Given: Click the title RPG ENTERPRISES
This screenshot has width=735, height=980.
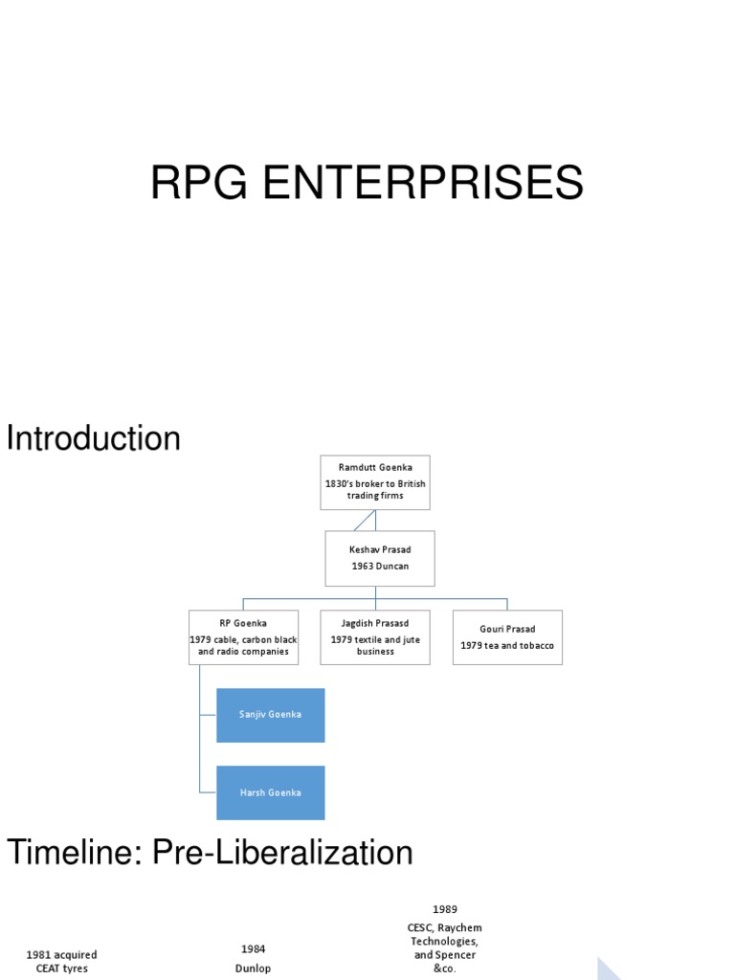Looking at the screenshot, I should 367,183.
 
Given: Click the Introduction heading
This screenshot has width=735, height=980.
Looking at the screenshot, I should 94,438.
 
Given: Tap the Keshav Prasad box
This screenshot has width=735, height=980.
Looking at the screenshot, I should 380,558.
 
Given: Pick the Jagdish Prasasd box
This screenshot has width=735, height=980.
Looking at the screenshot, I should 375,636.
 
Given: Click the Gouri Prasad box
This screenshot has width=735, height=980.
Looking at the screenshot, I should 507,636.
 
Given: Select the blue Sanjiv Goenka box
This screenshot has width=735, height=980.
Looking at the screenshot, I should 271,715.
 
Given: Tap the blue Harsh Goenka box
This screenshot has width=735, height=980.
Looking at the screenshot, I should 271,792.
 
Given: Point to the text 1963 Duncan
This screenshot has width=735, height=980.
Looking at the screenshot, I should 380,567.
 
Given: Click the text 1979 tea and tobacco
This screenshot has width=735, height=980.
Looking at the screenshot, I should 507,645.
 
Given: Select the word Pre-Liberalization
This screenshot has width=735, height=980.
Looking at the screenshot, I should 279,852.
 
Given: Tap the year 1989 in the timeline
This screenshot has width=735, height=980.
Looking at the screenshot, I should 443,908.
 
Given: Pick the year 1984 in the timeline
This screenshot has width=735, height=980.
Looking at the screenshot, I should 253,948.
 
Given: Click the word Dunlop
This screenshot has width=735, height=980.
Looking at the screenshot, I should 253,968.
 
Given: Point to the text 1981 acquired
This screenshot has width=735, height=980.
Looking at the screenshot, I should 61,954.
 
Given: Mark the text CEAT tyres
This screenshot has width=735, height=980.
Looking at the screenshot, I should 61,969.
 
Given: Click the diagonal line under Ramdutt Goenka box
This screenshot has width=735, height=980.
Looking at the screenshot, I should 363,521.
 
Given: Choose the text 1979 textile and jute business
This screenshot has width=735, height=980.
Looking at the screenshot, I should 375,645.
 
